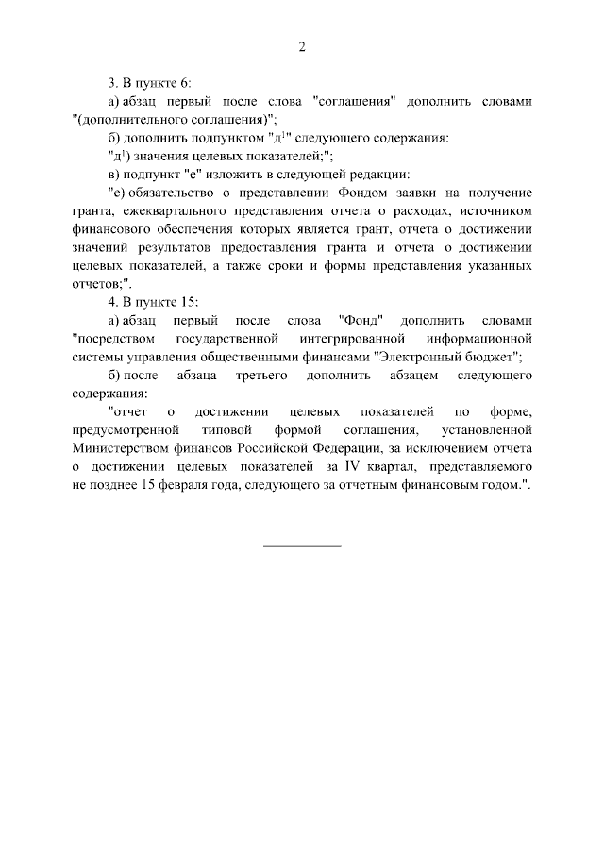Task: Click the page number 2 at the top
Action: (x=302, y=46)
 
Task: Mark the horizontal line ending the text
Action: (x=302, y=545)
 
